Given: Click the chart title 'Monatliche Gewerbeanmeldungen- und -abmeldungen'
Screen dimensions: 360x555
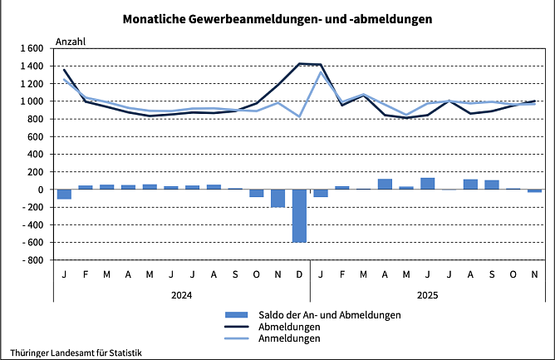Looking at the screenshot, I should click(x=277, y=17).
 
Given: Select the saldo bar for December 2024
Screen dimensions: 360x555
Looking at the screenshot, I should click(x=299, y=215).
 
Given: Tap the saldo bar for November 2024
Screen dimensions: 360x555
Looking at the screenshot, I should click(x=277, y=198).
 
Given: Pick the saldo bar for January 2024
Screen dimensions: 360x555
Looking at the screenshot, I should click(x=64, y=194).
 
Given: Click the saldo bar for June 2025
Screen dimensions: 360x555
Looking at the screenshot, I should click(x=427, y=184).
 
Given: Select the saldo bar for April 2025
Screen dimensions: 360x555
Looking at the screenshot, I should click(x=385, y=184).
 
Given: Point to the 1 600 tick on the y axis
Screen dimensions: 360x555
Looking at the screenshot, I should click(x=31, y=48).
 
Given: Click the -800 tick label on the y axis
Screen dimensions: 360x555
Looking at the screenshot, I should click(x=33, y=260).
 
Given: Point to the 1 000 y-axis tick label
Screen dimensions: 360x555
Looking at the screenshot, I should click(x=31, y=101).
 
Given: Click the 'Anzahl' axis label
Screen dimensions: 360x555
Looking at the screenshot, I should click(x=70, y=40).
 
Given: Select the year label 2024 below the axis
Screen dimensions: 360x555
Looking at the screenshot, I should click(x=181, y=294).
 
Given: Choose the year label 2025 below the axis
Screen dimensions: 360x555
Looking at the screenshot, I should click(x=427, y=294).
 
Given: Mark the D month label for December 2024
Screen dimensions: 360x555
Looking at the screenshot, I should click(x=299, y=274).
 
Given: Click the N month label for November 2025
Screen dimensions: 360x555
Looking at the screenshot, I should click(x=534, y=274).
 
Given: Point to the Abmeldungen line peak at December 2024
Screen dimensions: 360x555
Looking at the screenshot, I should click(x=299, y=64).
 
